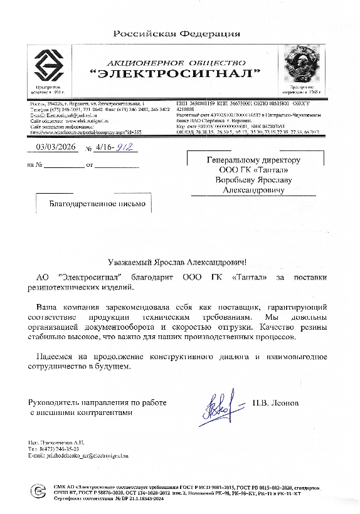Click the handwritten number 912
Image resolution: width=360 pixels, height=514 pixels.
tap(127, 148)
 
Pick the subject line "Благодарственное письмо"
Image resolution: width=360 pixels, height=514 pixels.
tap(97, 204)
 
